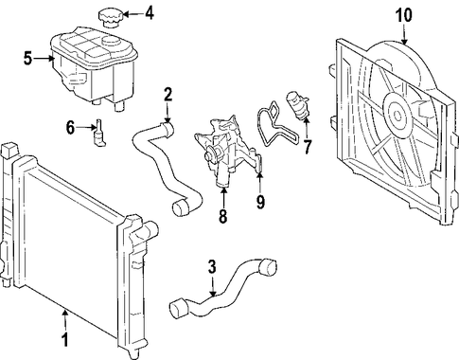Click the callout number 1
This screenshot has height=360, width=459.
[x=64, y=340]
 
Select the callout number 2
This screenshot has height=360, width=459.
[x=168, y=95]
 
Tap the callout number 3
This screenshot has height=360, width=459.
[x=212, y=267]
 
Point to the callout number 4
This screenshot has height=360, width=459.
[x=149, y=13]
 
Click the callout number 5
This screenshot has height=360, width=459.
[x=27, y=59]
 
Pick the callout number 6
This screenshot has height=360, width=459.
[x=70, y=128]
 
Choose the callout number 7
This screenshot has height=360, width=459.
[x=307, y=146]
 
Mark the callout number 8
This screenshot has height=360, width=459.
[x=222, y=216]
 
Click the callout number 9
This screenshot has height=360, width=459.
[x=260, y=201]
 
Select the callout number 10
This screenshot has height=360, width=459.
[x=404, y=15]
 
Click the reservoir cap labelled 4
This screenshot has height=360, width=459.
[x=110, y=19]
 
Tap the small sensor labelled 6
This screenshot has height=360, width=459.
[x=98, y=134]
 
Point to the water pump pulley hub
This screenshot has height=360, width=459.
[x=209, y=155]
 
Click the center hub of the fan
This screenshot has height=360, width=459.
[x=397, y=116]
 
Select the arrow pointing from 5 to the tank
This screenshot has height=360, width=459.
[x=44, y=59]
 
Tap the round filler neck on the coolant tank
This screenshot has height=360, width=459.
[x=111, y=42]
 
